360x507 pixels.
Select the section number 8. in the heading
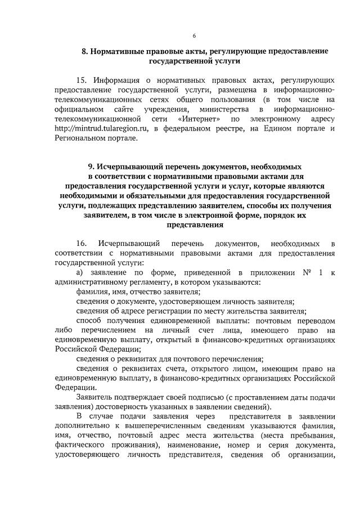[x=85, y=51]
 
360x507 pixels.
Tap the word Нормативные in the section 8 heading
[x=120, y=51]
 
